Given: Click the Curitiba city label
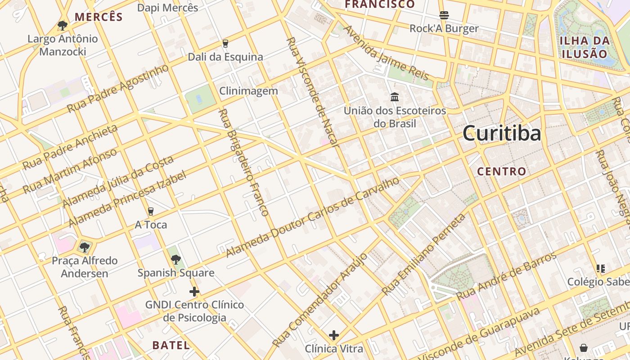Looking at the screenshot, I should [x=501, y=134].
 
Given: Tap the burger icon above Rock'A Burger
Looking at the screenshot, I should [x=444, y=15].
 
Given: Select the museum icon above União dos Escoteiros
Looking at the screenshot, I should [x=395, y=97].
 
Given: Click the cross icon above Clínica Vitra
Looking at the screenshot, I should [x=333, y=335].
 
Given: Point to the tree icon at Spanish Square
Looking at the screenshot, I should [x=175, y=259].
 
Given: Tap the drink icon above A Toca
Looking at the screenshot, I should [x=151, y=211].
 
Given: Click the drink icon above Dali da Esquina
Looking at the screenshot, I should [x=225, y=44].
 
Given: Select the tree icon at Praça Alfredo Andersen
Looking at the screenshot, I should [x=84, y=247].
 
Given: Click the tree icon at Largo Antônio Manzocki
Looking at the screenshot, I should [x=63, y=25].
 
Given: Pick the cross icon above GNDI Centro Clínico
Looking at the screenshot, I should [x=194, y=292].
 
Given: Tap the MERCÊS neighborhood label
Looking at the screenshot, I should [x=99, y=17].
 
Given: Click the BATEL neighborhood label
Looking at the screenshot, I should [x=171, y=345].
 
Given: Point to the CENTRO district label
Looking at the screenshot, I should [x=501, y=171].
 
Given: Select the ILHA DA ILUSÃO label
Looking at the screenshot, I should [x=585, y=47].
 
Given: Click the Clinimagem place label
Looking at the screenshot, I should [x=248, y=91].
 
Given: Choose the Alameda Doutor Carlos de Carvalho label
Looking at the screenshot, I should [x=312, y=217].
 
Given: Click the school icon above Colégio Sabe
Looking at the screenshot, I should [x=600, y=269].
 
